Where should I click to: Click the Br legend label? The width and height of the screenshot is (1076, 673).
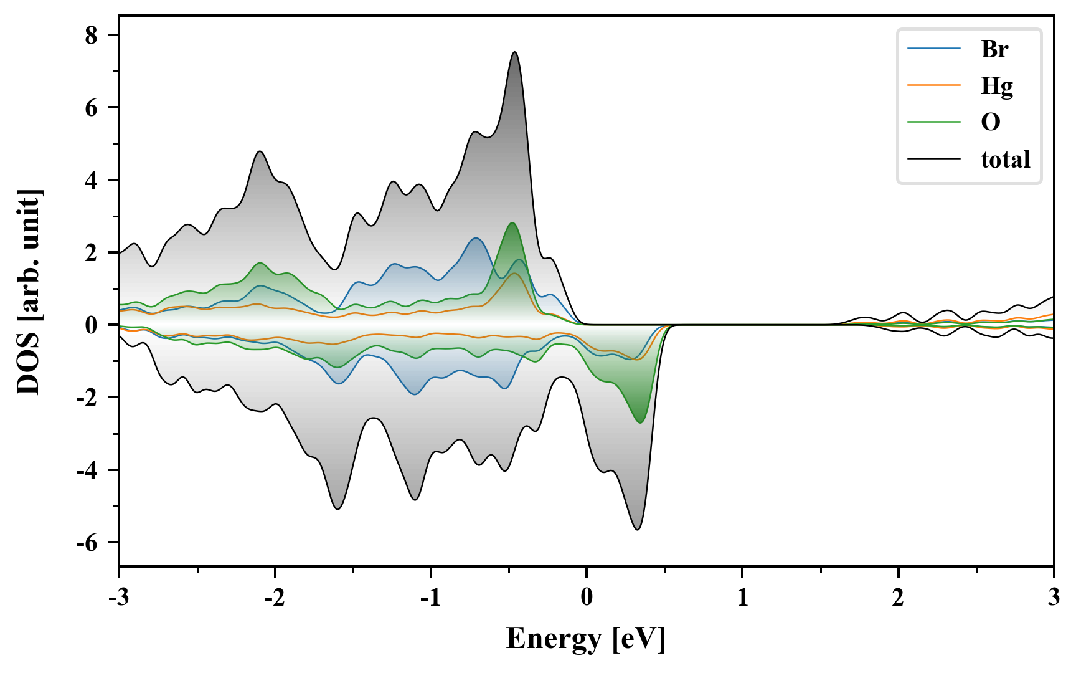[994, 49]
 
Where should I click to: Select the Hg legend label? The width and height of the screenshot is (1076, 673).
[996, 86]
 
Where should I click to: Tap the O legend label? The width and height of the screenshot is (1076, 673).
[990, 122]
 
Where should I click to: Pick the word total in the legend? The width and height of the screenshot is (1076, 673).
[1005, 160]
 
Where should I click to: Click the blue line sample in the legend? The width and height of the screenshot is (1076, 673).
[933, 49]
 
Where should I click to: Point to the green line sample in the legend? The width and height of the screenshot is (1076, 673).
[933, 122]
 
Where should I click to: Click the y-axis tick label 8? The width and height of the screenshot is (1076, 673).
[92, 36]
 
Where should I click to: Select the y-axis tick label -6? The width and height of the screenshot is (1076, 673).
[87, 543]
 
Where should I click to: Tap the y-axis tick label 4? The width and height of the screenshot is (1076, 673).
[92, 181]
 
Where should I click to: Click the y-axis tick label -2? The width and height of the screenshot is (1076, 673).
[87, 398]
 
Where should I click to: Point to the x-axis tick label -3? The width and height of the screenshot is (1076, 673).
[118, 598]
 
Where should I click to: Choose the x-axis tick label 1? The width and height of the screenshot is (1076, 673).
[742, 598]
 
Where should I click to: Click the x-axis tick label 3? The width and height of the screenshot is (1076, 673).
[1054, 598]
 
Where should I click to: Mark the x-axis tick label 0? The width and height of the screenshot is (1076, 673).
[587, 598]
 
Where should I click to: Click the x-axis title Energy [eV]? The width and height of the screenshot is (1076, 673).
[586, 639]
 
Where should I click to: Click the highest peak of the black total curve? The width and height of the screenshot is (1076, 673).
[514, 52]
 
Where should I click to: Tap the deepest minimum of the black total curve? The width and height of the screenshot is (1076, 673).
[638, 530]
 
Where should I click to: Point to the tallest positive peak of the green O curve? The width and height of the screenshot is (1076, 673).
[512, 223]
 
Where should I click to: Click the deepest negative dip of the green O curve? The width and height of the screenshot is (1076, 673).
[640, 422]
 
